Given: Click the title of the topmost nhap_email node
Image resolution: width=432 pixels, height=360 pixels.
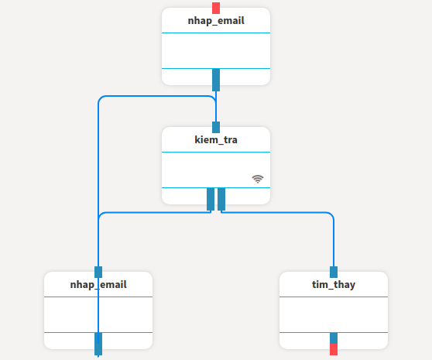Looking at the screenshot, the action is [216, 21].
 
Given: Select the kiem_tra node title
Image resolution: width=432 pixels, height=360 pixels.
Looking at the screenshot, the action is [216, 139].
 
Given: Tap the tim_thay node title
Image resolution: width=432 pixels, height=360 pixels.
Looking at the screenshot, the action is [334, 285].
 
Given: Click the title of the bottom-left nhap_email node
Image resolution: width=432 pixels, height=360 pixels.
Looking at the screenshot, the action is [98, 285].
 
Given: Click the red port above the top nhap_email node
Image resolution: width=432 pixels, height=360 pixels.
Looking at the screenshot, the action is [216, 8].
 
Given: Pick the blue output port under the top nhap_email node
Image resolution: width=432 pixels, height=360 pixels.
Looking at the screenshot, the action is [216, 80].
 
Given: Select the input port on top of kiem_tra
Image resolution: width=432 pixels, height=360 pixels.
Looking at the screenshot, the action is [216, 127].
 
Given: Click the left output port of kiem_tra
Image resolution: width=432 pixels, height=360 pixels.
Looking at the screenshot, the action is [211, 199].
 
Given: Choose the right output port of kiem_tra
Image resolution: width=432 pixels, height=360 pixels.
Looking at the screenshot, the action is [221, 199].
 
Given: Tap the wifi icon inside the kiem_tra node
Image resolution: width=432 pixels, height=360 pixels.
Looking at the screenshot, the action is [258, 179].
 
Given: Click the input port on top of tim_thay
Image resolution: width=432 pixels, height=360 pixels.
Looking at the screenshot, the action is [334, 273].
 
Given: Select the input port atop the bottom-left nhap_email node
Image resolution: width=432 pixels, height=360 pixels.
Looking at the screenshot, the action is [98, 273].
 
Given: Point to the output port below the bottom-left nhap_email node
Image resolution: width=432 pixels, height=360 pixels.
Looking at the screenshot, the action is [98, 344].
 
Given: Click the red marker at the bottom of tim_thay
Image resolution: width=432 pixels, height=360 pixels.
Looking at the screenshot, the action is [334, 349].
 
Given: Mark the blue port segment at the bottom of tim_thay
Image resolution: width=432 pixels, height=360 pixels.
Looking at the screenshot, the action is [334, 338].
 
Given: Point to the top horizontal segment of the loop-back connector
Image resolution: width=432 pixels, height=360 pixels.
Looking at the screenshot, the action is [156, 96].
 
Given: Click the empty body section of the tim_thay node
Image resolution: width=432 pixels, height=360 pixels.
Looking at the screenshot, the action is [334, 315].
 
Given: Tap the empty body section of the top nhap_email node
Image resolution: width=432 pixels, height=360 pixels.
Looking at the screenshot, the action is [216, 50].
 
